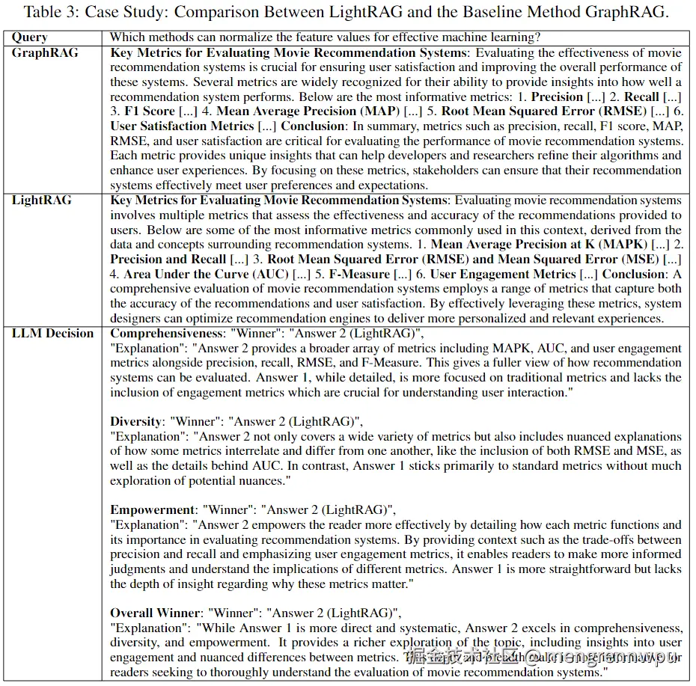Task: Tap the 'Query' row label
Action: click(x=29, y=37)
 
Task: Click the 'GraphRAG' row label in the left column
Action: click(x=45, y=53)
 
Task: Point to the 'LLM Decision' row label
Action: click(x=52, y=333)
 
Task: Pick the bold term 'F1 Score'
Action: click(x=149, y=111)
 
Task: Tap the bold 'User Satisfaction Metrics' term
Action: click(x=183, y=126)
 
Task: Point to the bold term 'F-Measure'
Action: click(x=359, y=274)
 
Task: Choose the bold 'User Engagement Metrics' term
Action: click(x=503, y=274)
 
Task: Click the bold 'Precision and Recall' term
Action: click(x=168, y=259)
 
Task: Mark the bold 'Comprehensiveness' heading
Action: click(x=165, y=333)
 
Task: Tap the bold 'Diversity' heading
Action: click(x=135, y=421)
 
